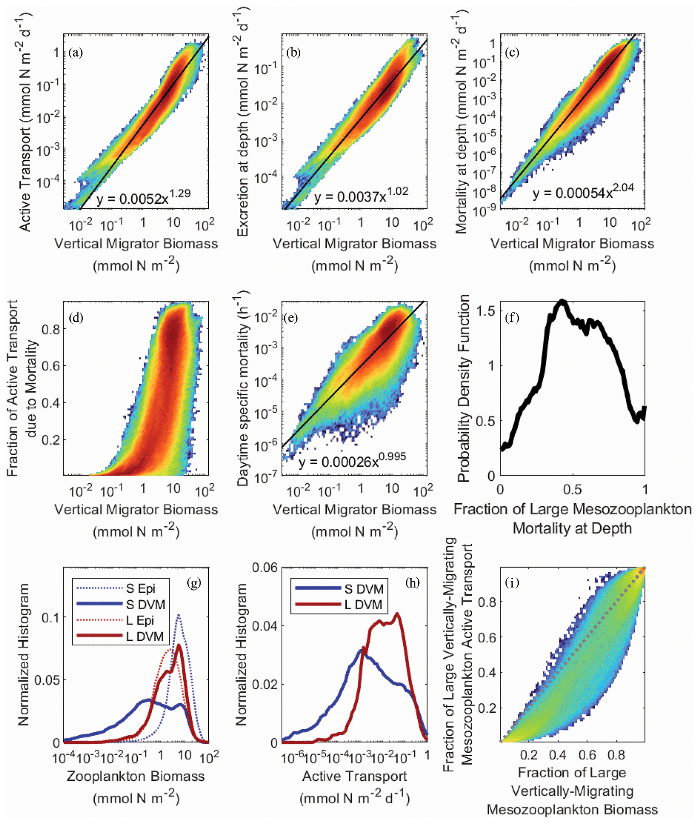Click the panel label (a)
pyautogui.click(x=75, y=52)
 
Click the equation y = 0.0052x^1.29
pyautogui.click(x=143, y=197)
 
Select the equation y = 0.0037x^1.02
pyautogui.click(x=361, y=194)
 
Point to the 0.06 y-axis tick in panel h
pyautogui.click(x=265, y=568)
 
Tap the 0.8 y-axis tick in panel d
pyautogui.click(x=51, y=329)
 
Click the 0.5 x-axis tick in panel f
pyautogui.click(x=572, y=490)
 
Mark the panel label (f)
pyautogui.click(x=512, y=318)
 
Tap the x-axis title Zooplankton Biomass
pyautogui.click(x=136, y=776)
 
